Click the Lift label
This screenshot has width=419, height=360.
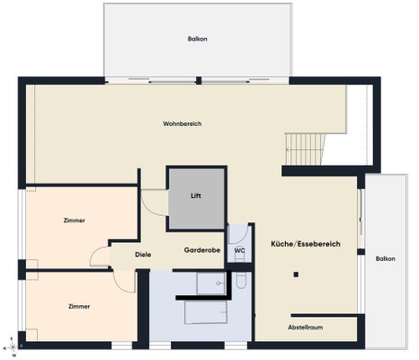click(196, 196)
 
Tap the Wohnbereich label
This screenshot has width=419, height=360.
click(183, 123)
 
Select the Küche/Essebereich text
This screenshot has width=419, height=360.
click(306, 244)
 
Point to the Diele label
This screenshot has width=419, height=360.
click(143, 255)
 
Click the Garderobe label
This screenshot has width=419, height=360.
click(202, 250)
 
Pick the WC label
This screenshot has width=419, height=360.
click(239, 250)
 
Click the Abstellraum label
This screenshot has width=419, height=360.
click(306, 328)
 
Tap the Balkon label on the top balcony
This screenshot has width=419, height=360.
click(198, 39)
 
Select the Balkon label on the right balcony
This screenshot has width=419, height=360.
click(386, 258)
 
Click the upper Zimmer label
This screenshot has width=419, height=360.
click(75, 220)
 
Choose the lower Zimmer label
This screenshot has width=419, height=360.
click(79, 306)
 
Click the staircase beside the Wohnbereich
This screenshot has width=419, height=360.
click(305, 149)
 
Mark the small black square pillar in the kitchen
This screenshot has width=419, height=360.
click(296, 274)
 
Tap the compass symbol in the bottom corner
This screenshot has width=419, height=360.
click(13, 347)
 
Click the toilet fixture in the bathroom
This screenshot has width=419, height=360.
click(241, 280)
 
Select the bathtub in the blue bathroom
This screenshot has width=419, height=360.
click(206, 312)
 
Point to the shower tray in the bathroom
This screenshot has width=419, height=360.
click(210, 283)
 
